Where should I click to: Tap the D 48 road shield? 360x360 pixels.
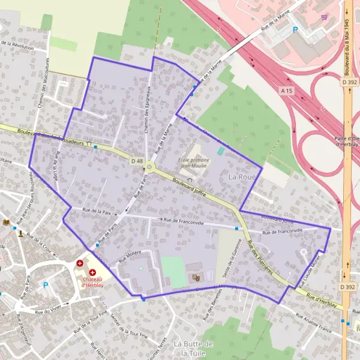tap(136, 161)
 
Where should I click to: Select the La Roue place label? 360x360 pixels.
tap(242, 177)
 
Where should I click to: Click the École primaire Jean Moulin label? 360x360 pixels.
tap(193, 163)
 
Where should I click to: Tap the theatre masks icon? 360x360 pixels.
tap(195, 278)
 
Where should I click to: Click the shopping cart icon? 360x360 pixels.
tap(325, 17)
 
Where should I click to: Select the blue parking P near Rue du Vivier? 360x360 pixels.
tap(45, 285)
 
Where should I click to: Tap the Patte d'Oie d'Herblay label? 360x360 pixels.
tap(346, 141)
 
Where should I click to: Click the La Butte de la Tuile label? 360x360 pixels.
tap(193, 348)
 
